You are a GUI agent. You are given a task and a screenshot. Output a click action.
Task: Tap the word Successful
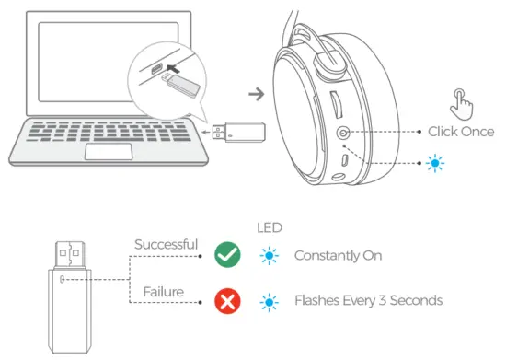pos(167,244)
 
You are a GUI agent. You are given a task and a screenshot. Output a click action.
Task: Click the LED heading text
pos(267,226)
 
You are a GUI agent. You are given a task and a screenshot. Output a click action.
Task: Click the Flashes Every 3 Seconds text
pos(368,300)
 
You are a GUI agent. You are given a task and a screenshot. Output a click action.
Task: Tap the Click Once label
pos(460,132)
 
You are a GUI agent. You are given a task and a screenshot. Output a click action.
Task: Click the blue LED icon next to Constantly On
pos(267,255)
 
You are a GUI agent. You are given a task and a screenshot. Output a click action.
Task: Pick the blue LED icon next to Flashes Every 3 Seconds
pos(267,300)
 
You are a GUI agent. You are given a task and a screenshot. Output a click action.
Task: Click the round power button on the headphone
pos(343,134)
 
